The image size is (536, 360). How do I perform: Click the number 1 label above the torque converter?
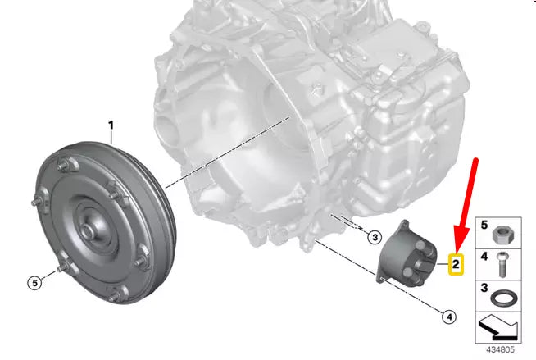[111, 125]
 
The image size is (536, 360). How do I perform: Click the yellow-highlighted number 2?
[456, 264]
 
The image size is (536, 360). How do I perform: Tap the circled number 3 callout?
[375, 237]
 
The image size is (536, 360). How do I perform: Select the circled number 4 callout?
[449, 317]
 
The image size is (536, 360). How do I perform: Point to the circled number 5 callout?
[34, 283]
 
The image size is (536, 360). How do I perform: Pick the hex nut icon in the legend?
[501, 235]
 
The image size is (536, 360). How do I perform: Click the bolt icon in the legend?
[502, 265]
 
